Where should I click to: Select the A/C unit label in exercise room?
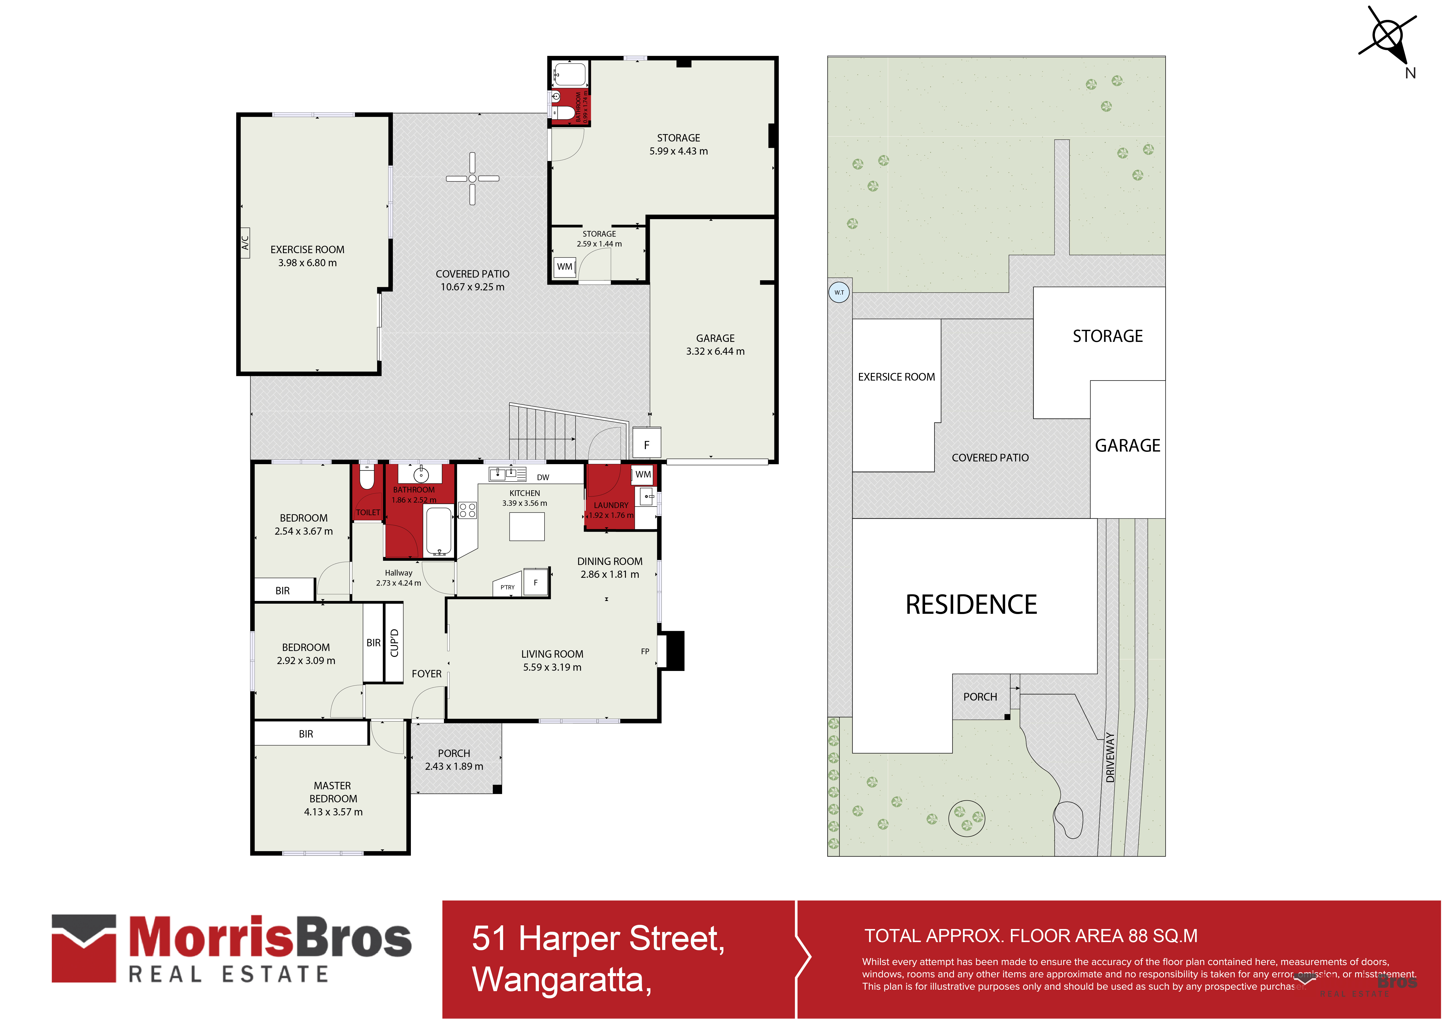(245, 240)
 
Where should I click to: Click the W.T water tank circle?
(839, 293)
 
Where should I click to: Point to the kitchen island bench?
(526, 526)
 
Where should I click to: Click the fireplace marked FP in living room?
(672, 650)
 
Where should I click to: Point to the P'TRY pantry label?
(508, 587)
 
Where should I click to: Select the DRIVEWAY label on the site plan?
(1110, 757)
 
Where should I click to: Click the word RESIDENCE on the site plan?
(971, 605)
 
